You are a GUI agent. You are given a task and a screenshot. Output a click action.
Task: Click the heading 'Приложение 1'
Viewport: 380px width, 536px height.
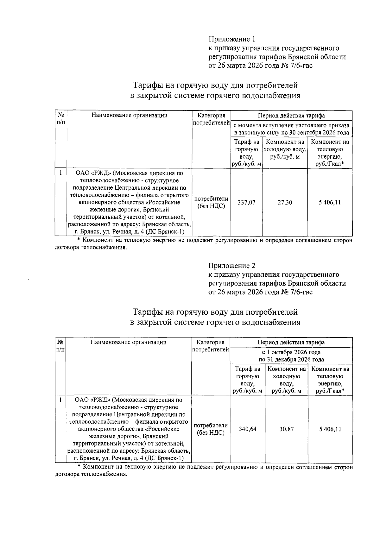[232, 39]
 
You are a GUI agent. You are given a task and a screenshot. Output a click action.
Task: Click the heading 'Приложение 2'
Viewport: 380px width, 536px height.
[232, 266]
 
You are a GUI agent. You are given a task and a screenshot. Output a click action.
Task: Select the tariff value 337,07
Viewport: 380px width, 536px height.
[246, 203]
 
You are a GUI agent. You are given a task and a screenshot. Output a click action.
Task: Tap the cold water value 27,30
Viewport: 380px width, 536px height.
[285, 203]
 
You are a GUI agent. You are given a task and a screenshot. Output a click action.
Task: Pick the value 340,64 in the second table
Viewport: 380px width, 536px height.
[247, 429]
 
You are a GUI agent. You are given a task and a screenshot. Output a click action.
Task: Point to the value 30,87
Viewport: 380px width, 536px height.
[286, 429]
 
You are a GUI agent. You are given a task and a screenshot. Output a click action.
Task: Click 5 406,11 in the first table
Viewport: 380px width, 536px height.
[330, 203]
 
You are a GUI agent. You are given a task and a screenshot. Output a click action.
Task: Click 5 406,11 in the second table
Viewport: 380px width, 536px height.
[330, 429]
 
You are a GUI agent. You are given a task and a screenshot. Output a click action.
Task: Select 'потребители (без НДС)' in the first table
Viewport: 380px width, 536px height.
[211, 203]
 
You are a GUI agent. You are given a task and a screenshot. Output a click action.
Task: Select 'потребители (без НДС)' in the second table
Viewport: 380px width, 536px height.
[211, 429]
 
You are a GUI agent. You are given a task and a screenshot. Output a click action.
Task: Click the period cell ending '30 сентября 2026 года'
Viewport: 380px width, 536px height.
[291, 129]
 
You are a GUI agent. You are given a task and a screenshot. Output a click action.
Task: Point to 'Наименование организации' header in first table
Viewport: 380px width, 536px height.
[130, 116]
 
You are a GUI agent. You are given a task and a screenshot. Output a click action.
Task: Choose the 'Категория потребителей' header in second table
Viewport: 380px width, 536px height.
[211, 346]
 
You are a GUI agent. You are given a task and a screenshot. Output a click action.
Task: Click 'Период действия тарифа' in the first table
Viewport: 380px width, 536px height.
[291, 116]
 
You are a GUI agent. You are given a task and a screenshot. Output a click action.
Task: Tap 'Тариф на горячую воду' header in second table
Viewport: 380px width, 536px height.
[247, 380]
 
